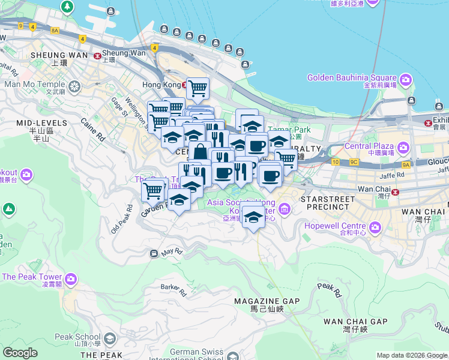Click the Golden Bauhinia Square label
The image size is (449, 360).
352,78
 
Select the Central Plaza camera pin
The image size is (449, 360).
403,147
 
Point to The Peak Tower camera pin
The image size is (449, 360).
71,279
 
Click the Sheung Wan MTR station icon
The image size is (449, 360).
97,55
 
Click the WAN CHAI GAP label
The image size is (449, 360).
348,322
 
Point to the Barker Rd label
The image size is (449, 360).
173,287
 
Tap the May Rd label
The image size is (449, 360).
171,252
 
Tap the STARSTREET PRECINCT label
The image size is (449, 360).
324,202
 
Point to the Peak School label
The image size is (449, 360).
77,337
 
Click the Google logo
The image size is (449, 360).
20,353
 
